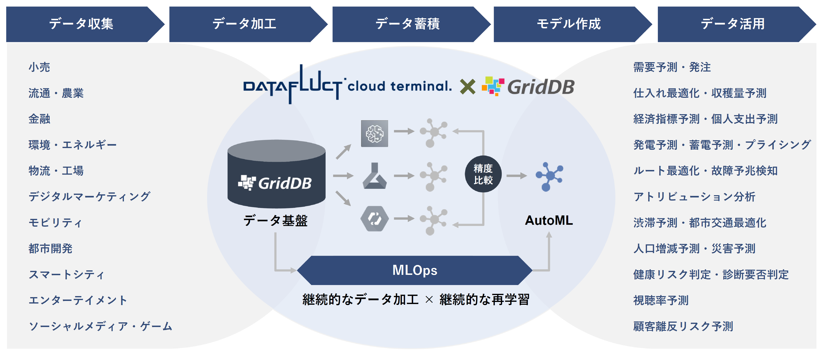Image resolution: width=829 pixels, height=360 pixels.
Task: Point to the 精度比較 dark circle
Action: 483,174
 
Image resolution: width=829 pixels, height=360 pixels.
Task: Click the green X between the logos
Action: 467,87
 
